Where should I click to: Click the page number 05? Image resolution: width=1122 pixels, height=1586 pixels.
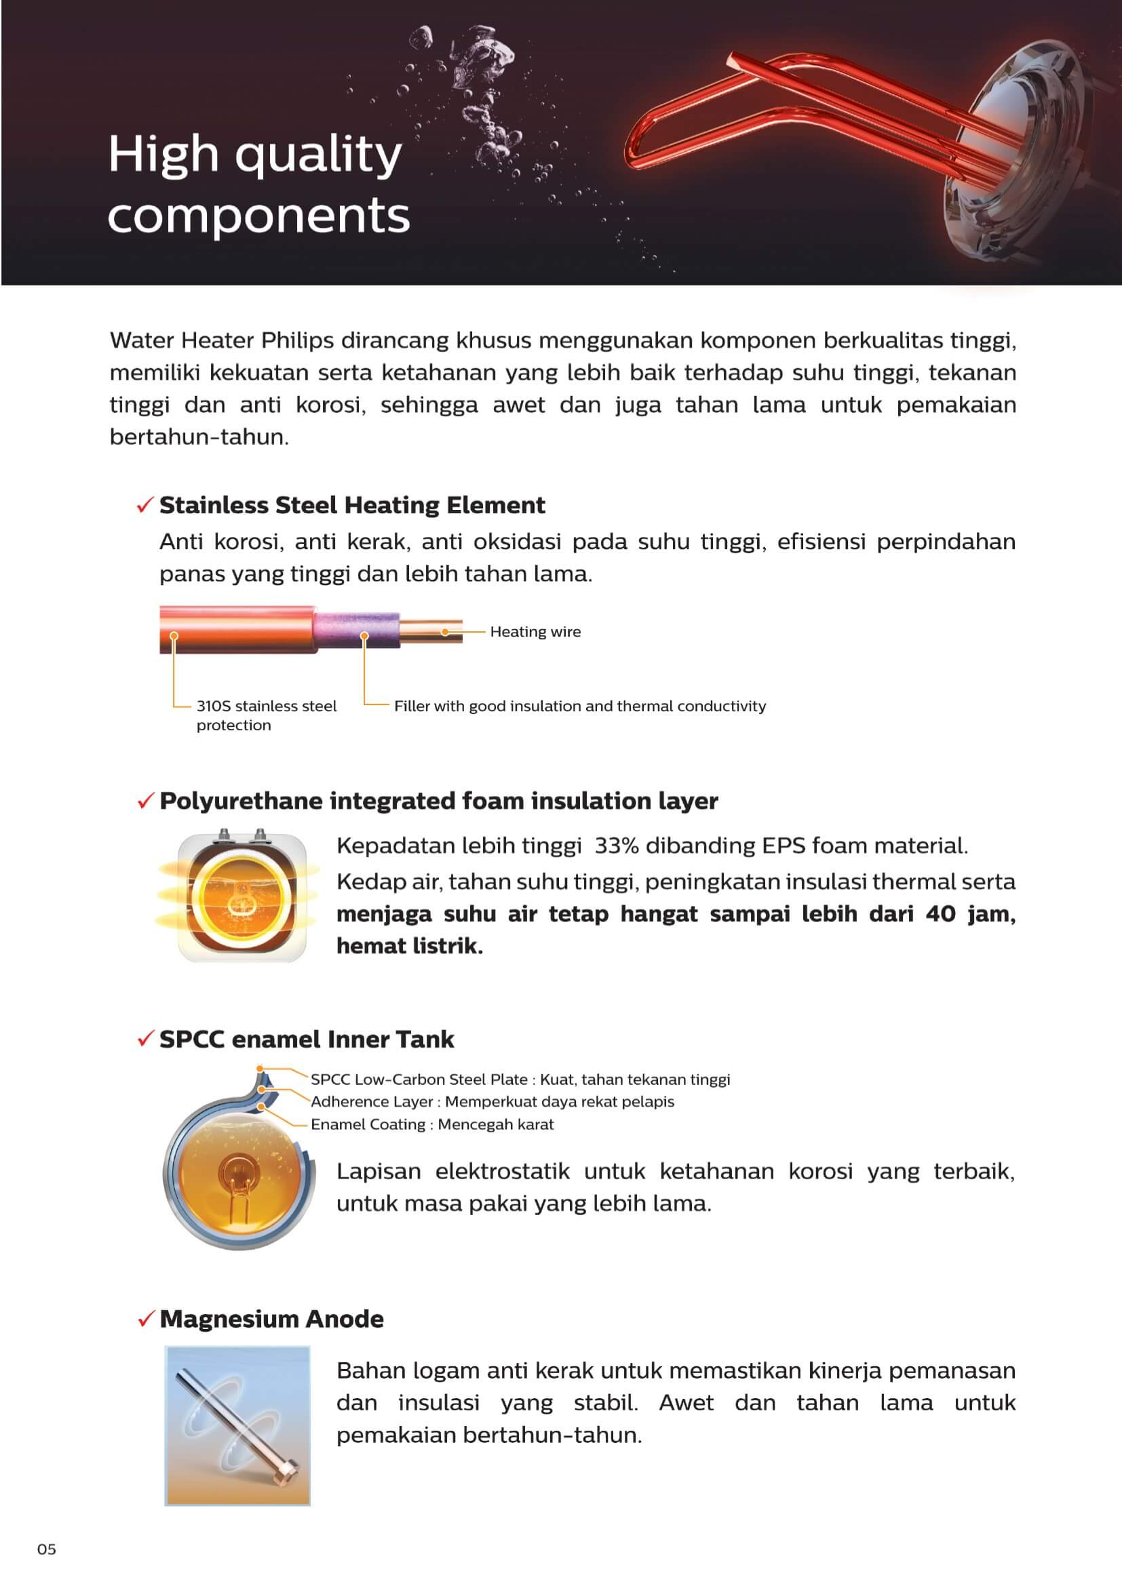(46, 1549)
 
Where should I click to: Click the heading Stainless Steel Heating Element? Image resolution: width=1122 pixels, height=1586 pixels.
(351, 505)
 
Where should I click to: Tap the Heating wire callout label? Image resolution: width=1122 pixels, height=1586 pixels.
(535, 631)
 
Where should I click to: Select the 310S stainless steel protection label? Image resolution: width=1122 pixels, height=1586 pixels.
(266, 715)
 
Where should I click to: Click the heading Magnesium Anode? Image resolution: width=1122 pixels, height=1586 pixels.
(271, 1319)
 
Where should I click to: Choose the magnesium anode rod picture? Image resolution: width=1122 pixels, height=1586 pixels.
(237, 1425)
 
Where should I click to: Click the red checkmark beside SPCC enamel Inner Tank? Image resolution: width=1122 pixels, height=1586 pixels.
(145, 1039)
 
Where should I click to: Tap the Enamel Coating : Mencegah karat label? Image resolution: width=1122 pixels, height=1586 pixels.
(432, 1124)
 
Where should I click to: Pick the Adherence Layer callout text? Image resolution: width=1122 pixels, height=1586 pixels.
(492, 1101)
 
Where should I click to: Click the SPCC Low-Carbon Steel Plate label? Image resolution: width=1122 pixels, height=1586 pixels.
(520, 1079)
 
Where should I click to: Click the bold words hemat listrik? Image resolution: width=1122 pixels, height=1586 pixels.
(410, 946)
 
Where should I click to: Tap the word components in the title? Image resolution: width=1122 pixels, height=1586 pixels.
(258, 216)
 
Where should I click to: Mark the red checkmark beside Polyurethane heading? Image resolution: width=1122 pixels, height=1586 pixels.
(145, 801)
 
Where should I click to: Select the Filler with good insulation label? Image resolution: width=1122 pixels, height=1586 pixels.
(579, 706)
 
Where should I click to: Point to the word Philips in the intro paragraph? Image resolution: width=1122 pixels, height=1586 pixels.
(297, 340)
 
